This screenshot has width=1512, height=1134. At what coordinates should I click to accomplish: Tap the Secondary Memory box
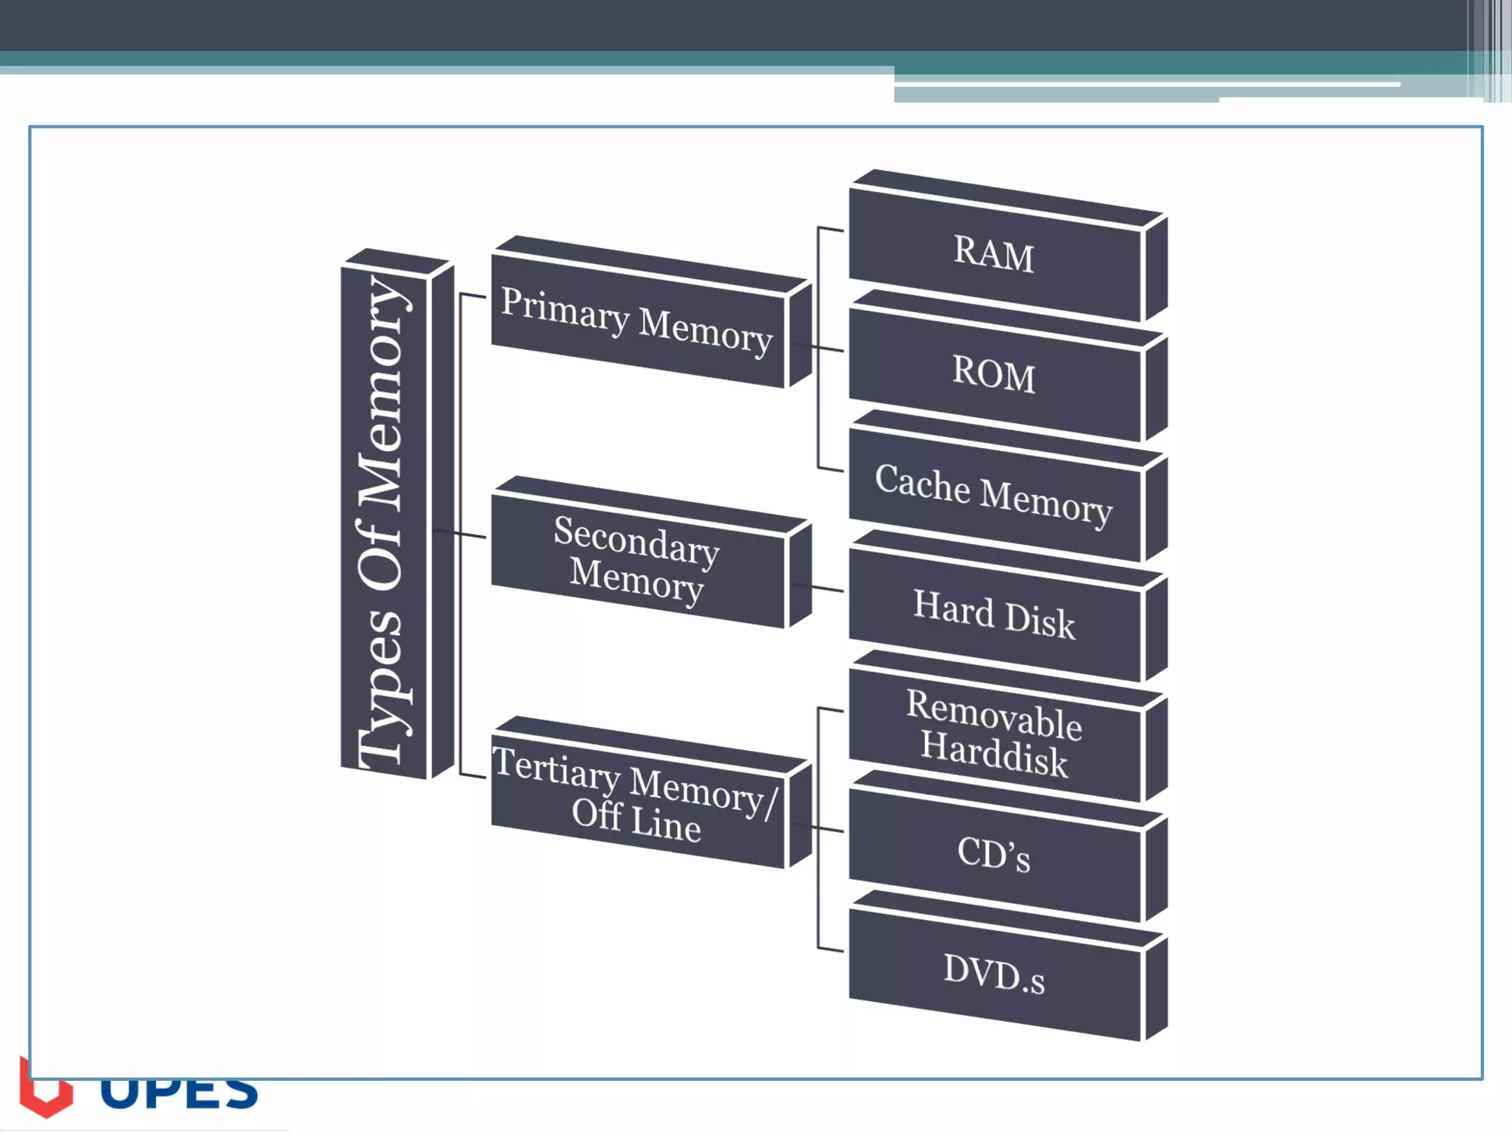pyautogui.click(x=636, y=562)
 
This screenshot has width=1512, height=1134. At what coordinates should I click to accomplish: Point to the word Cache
pyautogui.click(x=922, y=484)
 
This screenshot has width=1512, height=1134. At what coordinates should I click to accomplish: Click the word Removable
pyautogui.click(x=994, y=714)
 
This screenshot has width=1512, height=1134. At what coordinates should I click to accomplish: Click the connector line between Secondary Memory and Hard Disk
pyautogui.click(x=827, y=589)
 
